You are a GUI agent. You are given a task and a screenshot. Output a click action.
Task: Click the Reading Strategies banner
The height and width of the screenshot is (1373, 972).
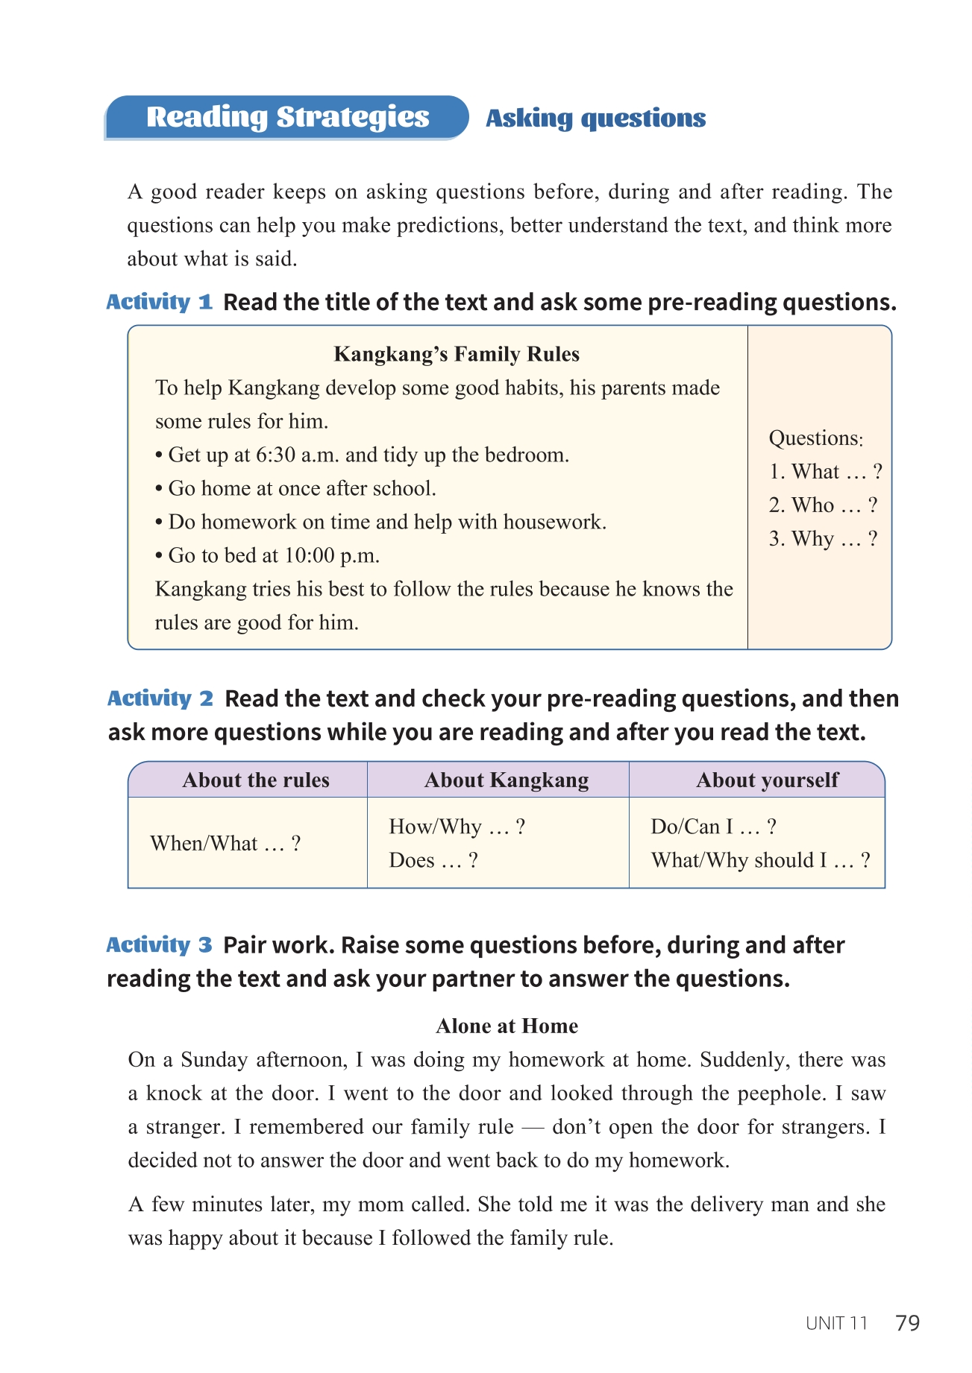(x=287, y=117)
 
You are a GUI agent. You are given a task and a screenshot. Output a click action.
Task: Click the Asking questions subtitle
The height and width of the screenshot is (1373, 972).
(x=595, y=118)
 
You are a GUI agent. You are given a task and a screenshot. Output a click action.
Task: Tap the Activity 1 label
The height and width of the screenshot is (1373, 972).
(x=159, y=302)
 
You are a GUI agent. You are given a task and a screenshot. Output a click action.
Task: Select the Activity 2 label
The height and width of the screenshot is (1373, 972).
(x=160, y=698)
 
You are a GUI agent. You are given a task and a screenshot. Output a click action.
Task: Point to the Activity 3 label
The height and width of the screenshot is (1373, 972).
(x=159, y=945)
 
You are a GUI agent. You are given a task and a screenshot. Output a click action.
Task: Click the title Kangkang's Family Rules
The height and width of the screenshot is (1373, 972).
(x=457, y=354)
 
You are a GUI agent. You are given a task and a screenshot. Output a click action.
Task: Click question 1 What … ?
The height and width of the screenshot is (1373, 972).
(x=826, y=472)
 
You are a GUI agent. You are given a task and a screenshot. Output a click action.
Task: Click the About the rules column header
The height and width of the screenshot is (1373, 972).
(x=256, y=780)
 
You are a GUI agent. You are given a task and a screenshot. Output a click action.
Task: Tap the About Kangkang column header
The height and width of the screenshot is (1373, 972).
(x=507, y=780)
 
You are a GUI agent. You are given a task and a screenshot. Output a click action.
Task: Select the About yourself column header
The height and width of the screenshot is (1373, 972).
(x=767, y=780)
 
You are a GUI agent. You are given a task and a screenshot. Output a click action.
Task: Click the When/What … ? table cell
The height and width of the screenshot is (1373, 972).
(x=225, y=844)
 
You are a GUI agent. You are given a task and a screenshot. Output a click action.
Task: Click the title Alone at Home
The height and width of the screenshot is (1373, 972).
(x=507, y=1026)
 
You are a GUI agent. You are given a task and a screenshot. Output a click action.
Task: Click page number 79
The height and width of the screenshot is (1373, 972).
(x=907, y=1323)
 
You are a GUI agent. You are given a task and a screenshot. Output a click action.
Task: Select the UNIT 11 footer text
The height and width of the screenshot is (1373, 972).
(x=837, y=1324)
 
